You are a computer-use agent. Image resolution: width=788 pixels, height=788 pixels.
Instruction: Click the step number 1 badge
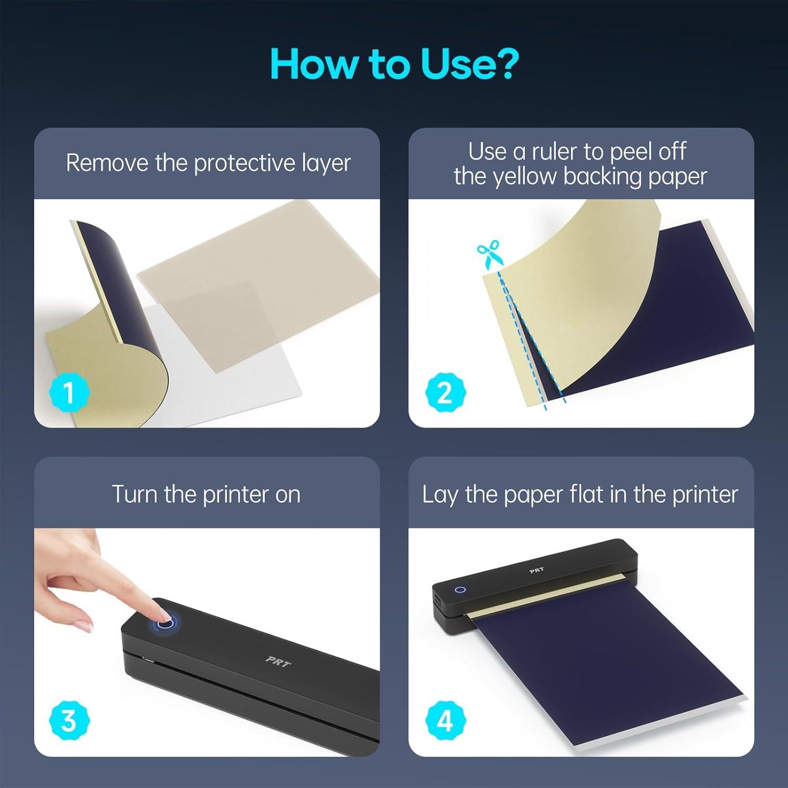click(69, 392)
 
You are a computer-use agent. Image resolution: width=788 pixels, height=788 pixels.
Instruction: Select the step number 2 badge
click(444, 392)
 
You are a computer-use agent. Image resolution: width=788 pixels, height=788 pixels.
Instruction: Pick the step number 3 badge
click(69, 720)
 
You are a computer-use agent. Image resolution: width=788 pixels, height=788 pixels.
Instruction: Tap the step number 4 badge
click(444, 720)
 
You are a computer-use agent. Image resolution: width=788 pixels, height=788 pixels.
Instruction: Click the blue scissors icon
click(489, 254)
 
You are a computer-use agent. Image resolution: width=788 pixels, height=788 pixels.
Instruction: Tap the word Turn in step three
click(135, 494)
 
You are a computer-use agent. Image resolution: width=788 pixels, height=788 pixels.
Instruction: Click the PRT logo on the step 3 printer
click(278, 662)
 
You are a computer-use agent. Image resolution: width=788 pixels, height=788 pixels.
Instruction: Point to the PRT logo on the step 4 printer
click(536, 570)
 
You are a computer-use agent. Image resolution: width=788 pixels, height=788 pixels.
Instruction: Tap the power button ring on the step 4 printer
click(461, 589)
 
